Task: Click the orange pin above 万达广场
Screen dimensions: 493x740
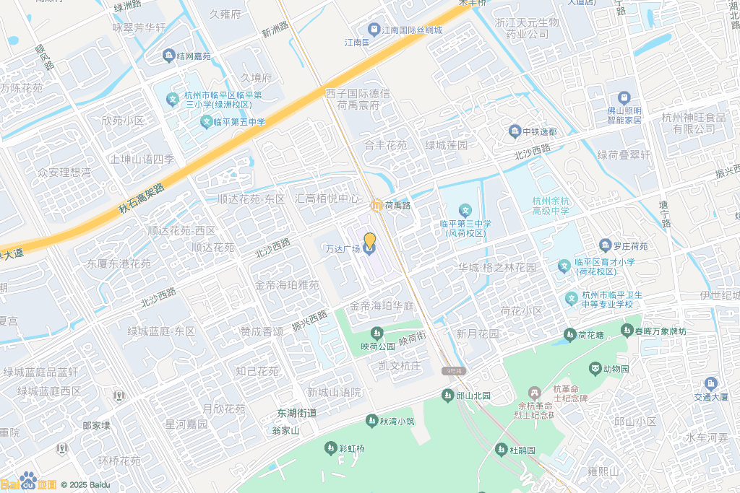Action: (x=369, y=240)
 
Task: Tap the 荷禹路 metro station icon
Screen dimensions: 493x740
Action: (x=376, y=206)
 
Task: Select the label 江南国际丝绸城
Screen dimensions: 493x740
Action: (x=411, y=30)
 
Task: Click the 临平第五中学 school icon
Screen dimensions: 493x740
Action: (x=206, y=122)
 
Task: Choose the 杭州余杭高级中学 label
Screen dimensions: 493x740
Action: (x=550, y=206)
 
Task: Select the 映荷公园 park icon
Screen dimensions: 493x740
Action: (x=376, y=333)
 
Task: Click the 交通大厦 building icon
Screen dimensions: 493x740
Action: (x=712, y=383)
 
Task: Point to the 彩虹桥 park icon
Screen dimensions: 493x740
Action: (x=331, y=448)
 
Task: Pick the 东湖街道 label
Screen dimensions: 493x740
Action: (x=297, y=414)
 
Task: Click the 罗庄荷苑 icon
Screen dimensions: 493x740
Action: (x=606, y=246)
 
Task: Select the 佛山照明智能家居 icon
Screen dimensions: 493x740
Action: (x=623, y=97)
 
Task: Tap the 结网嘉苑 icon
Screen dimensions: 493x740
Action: (x=168, y=56)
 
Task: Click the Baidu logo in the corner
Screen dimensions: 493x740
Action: (x=29, y=483)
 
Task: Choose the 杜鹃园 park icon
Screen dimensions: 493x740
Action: (x=500, y=450)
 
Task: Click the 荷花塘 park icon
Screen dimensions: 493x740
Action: (x=569, y=334)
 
